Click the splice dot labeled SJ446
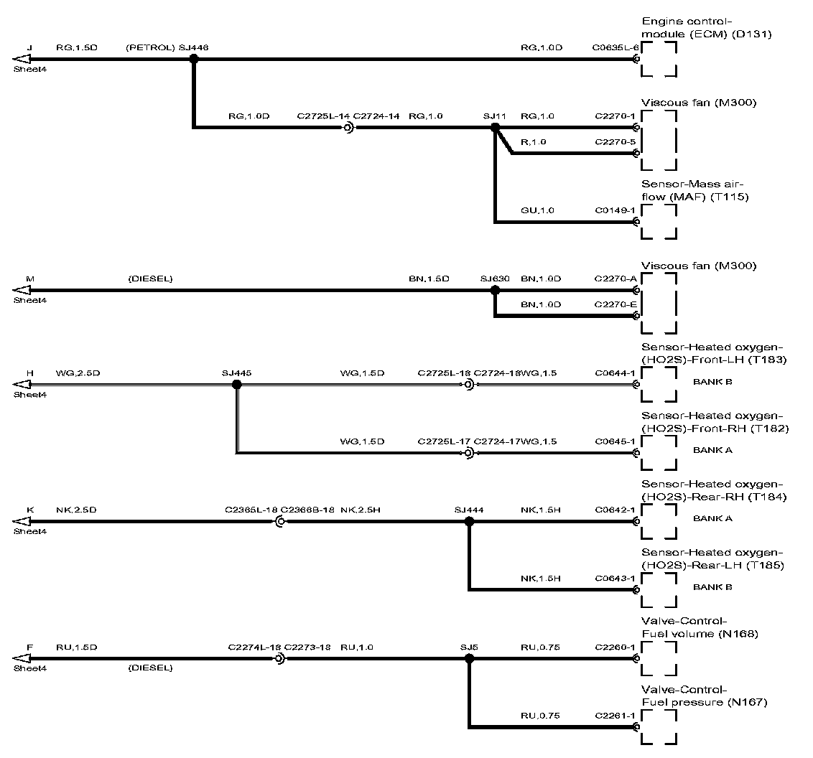click(x=192, y=59)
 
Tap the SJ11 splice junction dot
click(x=494, y=127)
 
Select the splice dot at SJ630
click(x=494, y=290)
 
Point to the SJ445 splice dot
click(x=237, y=384)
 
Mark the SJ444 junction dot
click(x=469, y=522)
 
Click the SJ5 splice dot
click(x=469, y=658)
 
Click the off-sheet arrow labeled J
click(x=22, y=59)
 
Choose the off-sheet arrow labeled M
click(x=22, y=290)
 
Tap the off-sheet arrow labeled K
click(x=22, y=522)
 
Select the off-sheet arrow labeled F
click(x=22, y=658)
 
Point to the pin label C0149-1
click(x=615, y=210)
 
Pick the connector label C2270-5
click(x=615, y=142)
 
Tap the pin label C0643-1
click(x=615, y=578)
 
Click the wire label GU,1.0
click(x=537, y=210)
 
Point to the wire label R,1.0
click(x=534, y=142)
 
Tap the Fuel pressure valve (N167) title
click(x=704, y=696)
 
